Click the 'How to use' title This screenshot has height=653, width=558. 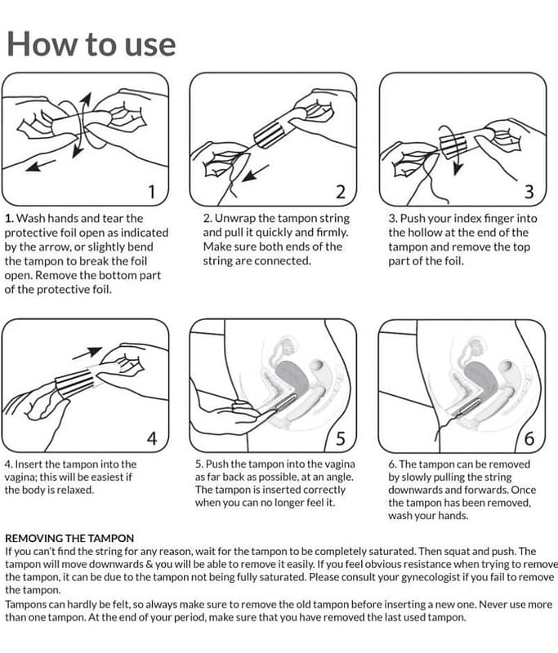[92, 44]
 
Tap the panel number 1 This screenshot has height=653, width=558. [152, 192]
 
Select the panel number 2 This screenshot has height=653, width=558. [341, 192]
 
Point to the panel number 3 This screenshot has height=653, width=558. [529, 192]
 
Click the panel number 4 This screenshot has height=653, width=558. [152, 438]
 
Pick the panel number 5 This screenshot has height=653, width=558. [341, 438]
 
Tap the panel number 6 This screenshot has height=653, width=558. [529, 438]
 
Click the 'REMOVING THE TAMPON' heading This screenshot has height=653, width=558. [69, 538]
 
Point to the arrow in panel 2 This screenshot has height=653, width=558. [255, 173]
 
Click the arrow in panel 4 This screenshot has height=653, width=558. [87, 353]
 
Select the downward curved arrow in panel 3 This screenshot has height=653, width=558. [454, 146]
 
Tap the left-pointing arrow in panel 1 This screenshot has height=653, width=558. [40, 165]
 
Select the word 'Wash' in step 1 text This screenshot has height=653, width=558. [29, 218]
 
